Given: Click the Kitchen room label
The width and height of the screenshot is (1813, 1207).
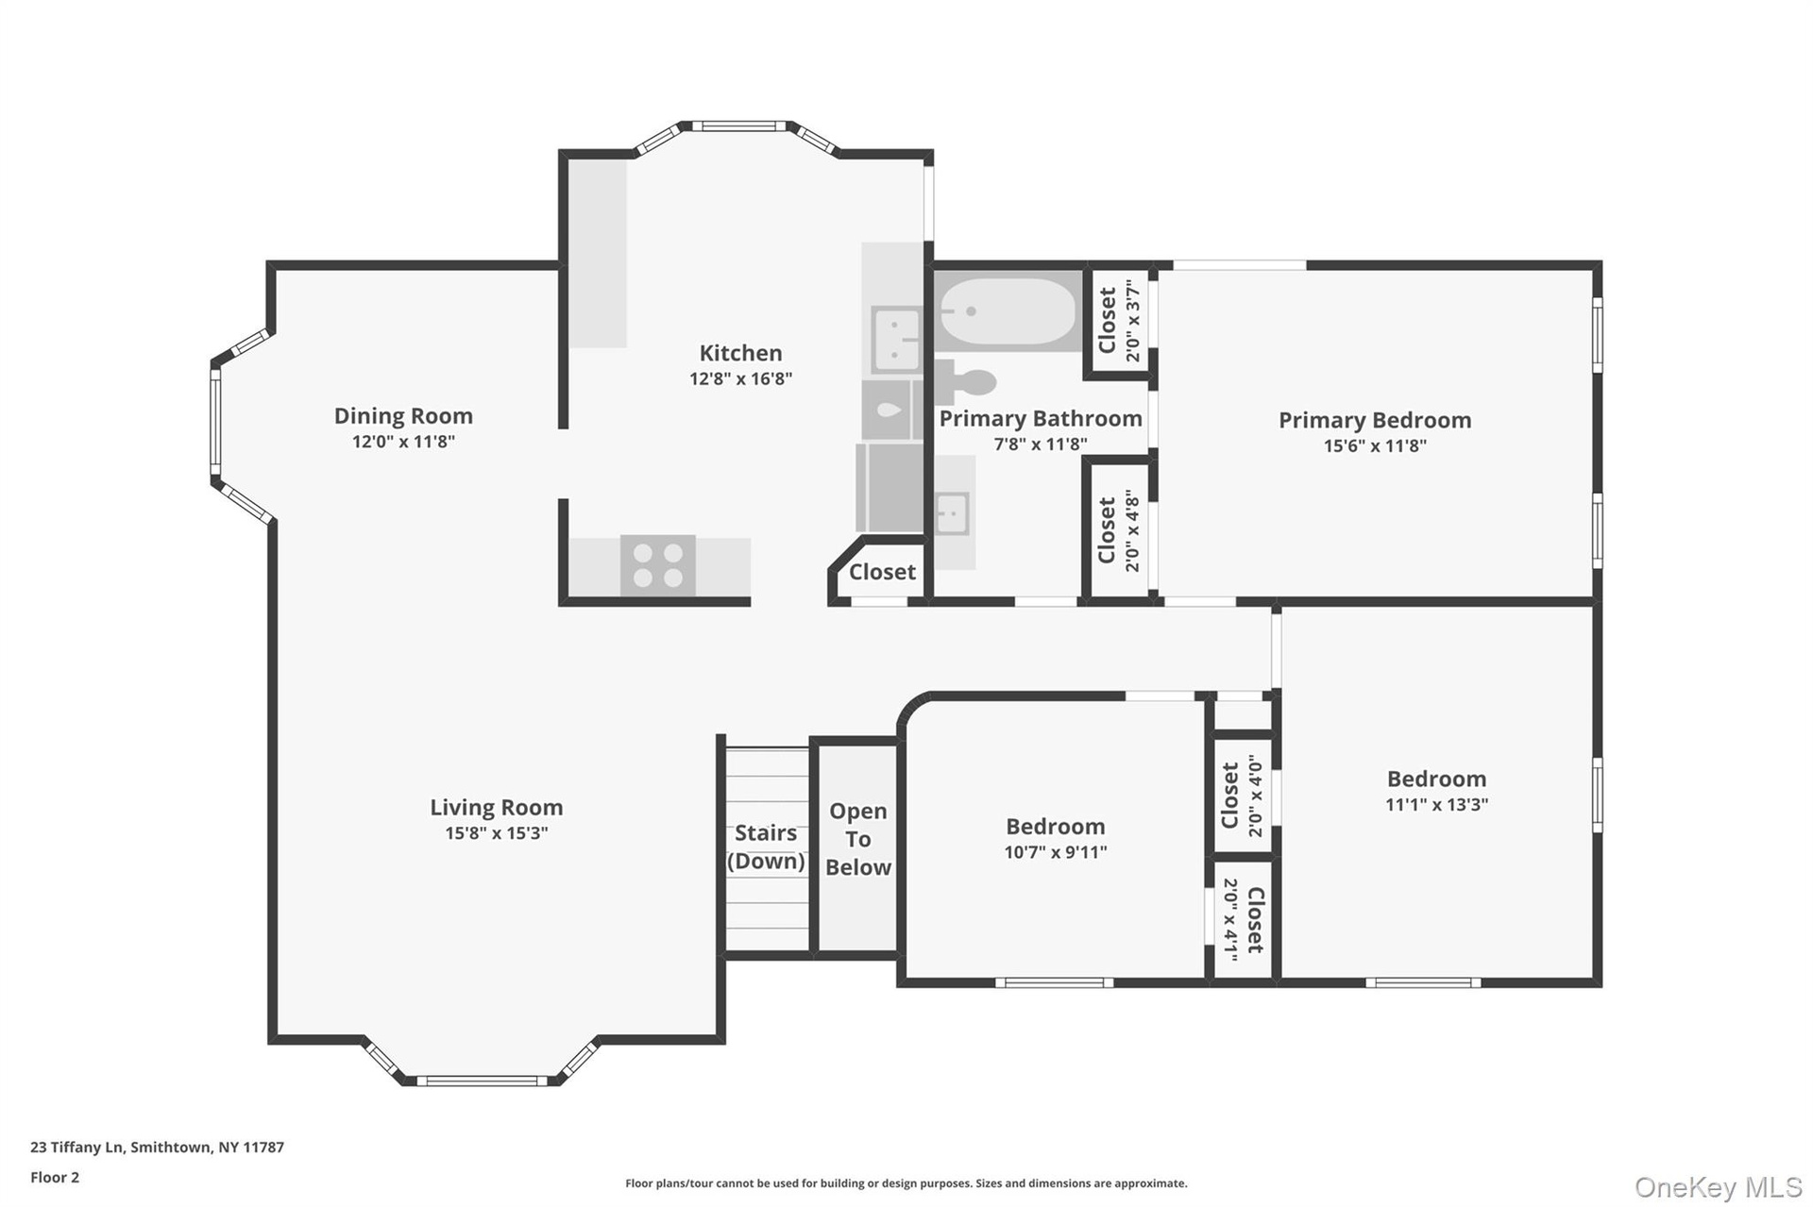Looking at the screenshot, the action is (740, 353).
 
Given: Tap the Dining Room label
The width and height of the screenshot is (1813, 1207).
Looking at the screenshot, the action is (403, 416).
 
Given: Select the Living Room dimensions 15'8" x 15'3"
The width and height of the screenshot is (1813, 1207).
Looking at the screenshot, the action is (497, 833).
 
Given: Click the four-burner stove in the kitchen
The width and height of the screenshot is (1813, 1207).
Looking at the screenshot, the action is (658, 565).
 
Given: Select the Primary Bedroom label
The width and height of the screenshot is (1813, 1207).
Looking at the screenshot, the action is (1375, 421).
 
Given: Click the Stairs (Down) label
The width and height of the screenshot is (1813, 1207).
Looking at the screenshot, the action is (766, 847).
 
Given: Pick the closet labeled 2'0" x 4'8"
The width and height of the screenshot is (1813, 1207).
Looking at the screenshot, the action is (1119, 530).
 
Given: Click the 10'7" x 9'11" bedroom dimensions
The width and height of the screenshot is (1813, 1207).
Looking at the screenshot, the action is (1056, 852).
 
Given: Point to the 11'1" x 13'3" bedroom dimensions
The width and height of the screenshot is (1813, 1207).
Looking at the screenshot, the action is (1436, 805).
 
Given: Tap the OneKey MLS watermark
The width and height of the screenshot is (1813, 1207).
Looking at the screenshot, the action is (1719, 1187).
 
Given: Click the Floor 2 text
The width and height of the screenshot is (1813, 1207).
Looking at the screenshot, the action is (55, 1178).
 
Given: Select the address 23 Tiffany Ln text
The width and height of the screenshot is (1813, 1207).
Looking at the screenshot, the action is (77, 1148).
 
